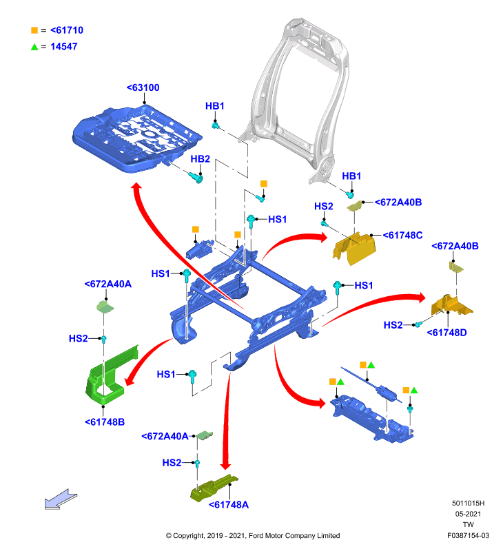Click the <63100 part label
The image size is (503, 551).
pyautogui.click(x=143, y=87)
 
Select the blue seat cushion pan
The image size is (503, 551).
pyautogui.click(x=136, y=140)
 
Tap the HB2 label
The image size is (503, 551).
pyautogui.click(x=200, y=159)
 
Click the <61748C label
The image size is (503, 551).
pyautogui.click(x=402, y=235)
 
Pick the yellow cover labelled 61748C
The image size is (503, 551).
pyautogui.click(x=354, y=248)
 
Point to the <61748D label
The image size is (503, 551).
pyautogui.click(x=446, y=333)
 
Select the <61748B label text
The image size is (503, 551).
pyautogui.click(x=105, y=422)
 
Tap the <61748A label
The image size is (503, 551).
pyautogui.click(x=229, y=505)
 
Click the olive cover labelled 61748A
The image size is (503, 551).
pyautogui.click(x=213, y=488)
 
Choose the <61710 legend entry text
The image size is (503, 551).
pyautogui.click(x=67, y=30)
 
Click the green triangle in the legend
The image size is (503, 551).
pyautogui.click(x=34, y=47)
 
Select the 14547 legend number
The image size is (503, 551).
pyautogui.click(x=64, y=46)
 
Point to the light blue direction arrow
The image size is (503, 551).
pyautogui.click(x=61, y=499)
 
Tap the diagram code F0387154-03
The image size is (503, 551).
pyautogui.click(x=468, y=536)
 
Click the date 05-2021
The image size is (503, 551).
pyautogui.click(x=468, y=514)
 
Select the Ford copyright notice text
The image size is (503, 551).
pyautogui.click(x=253, y=536)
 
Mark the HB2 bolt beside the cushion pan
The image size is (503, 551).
pyautogui.click(x=196, y=178)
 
